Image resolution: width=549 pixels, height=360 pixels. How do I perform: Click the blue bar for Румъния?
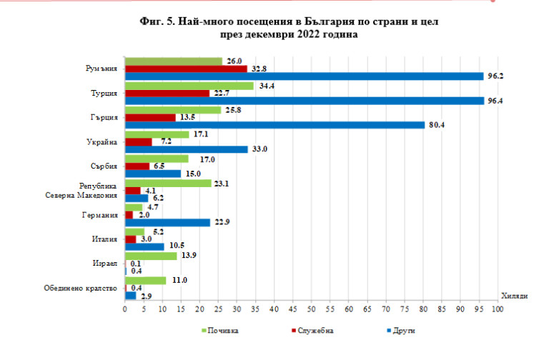(304, 76)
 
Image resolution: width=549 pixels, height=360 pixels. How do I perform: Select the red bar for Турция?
(167, 93)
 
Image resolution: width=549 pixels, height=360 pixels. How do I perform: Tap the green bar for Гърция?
(173, 110)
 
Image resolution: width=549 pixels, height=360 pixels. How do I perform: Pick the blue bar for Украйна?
(186, 149)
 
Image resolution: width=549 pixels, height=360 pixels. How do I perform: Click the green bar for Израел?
(151, 256)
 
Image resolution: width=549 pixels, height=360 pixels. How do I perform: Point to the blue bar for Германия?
(167, 222)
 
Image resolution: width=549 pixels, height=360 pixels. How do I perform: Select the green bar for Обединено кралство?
(145, 280)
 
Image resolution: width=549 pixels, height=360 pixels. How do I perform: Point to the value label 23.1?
(222, 184)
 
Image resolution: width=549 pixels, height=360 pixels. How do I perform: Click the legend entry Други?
(402, 331)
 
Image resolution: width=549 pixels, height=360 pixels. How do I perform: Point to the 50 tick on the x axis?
(311, 309)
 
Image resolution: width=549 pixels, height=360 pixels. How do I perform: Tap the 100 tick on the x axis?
(497, 309)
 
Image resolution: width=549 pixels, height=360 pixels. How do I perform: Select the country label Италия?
(104, 239)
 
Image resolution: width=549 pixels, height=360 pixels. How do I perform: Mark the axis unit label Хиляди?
(514, 296)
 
